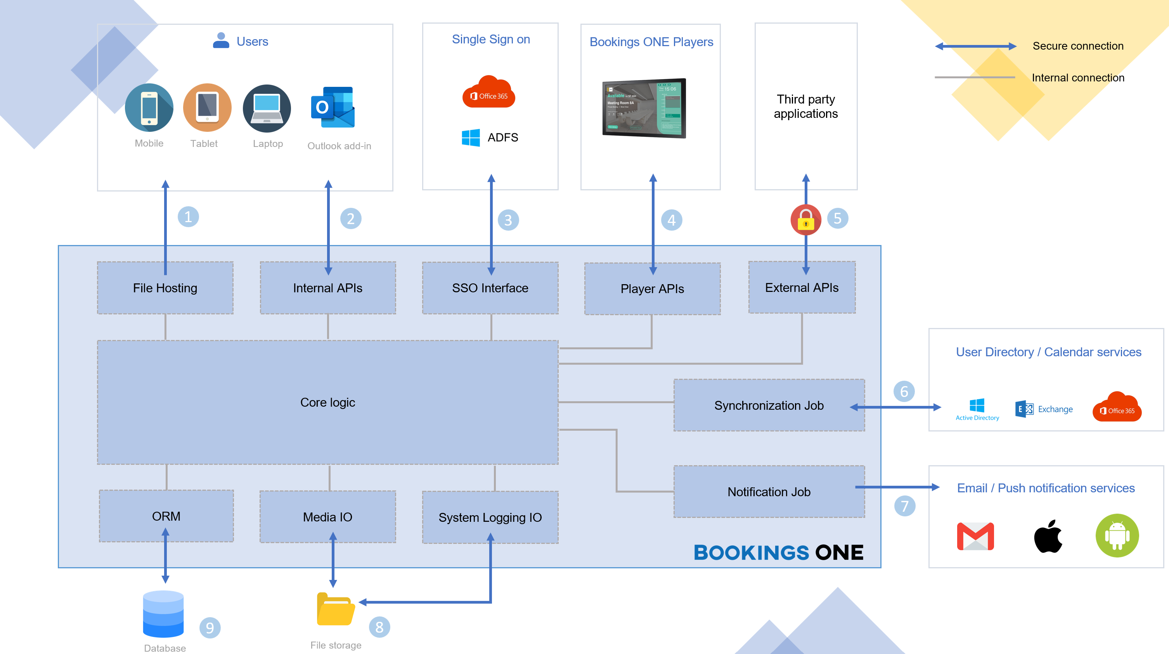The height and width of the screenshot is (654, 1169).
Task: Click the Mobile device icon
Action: (149, 108)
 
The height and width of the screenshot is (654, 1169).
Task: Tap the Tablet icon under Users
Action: (207, 108)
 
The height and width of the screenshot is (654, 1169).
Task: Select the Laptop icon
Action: (267, 109)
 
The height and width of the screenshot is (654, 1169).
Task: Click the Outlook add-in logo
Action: (333, 107)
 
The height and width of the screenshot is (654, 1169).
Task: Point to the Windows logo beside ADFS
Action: (471, 137)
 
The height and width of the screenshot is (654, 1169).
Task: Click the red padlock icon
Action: (805, 220)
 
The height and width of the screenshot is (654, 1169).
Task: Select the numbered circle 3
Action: (508, 220)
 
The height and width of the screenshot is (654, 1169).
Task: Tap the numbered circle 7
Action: (904, 506)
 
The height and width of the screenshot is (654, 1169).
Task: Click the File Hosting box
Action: (165, 288)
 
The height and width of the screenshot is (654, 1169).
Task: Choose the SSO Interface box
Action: (490, 288)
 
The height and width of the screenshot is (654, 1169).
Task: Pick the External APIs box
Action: (802, 288)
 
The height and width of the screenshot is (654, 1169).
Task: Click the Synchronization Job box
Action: (769, 406)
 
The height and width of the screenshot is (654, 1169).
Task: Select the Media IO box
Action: (327, 517)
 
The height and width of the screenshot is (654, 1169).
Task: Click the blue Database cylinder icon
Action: (163, 614)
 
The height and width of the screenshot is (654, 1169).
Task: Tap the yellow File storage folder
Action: (335, 609)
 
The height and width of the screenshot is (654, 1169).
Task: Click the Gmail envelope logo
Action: (975, 536)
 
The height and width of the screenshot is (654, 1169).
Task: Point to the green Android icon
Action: (1117, 536)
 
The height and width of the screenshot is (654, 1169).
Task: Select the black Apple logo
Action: (1048, 537)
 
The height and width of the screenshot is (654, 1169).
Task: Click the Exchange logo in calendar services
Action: (1024, 409)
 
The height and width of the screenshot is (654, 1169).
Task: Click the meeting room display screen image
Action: (644, 108)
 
